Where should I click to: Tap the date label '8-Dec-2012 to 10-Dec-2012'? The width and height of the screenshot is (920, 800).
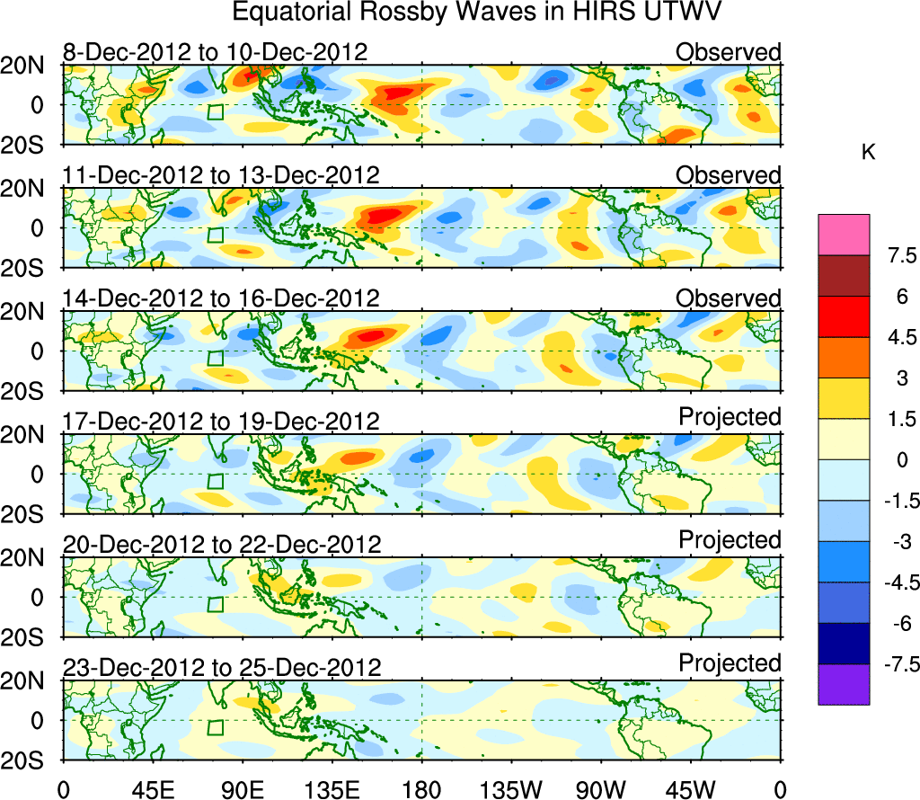tap(216, 52)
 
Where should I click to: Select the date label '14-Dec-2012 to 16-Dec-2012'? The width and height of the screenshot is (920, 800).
tap(222, 298)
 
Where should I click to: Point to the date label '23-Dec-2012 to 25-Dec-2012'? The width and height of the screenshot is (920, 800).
tap(222, 668)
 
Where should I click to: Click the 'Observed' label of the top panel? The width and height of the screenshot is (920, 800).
tap(729, 52)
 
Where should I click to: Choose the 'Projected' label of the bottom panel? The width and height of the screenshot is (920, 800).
tap(730, 663)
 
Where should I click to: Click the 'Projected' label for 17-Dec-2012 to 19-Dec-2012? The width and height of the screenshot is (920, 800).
tap(730, 417)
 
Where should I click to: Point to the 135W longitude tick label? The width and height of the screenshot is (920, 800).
tap(511, 789)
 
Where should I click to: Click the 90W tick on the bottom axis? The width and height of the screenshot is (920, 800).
tap(601, 789)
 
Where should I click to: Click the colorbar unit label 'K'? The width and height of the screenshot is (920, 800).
tap(868, 153)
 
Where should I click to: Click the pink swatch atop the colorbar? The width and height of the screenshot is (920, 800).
tap(844, 235)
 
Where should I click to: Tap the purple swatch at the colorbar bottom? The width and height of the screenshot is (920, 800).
tap(844, 684)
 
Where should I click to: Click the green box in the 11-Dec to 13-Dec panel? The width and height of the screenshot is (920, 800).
tap(215, 235)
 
